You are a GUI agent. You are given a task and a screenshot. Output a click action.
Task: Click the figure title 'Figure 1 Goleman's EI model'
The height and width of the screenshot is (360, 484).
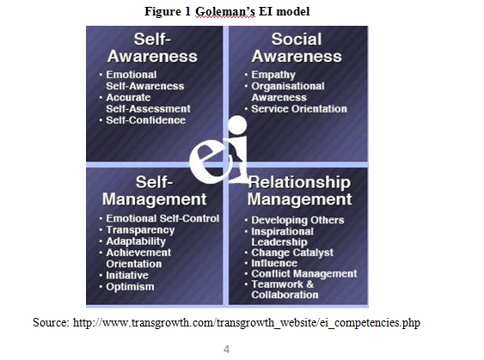tap(227, 12)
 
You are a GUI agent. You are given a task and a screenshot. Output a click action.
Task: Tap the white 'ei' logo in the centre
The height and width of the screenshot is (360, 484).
tap(218, 150)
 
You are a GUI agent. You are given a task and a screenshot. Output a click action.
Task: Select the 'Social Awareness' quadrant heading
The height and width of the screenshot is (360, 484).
tap(297, 48)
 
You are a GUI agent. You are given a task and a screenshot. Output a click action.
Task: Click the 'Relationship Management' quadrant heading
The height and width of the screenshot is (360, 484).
tap(299, 191)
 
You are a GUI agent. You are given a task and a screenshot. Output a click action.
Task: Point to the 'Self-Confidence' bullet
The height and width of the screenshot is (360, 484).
tap(145, 120)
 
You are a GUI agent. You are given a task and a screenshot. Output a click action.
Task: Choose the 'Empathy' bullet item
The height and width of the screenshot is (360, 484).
tap(273, 75)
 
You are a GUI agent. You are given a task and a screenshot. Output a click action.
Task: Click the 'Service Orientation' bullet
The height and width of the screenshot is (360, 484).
tap(299, 108)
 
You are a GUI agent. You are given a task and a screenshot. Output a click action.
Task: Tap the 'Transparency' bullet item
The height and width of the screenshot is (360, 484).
tap(140, 230)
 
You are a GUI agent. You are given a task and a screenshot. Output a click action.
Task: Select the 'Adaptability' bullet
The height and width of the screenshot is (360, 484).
tap(136, 241)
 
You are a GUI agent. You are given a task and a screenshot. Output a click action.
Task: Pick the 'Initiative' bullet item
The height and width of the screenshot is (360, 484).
tap(127, 275)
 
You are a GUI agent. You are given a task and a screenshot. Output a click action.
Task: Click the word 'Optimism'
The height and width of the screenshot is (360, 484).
tap(130, 287)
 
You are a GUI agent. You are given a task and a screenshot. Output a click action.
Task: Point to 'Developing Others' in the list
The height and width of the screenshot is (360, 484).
tap(297, 220)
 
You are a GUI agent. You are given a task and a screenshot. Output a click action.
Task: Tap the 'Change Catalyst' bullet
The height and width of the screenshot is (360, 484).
tap(292, 253)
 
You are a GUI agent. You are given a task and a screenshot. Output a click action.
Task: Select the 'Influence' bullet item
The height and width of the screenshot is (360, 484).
tap(274, 263)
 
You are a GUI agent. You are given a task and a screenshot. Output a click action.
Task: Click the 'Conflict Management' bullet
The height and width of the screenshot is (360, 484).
tap(304, 273)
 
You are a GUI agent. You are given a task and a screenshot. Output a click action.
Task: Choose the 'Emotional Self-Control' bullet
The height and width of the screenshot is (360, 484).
tap(162, 218)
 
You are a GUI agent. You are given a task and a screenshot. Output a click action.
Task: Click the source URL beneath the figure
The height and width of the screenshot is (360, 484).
tap(247, 323)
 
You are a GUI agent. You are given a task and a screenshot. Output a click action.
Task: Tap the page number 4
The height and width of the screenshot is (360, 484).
tap(226, 349)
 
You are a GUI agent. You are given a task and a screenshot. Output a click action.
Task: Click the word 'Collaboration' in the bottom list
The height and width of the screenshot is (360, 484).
tap(285, 295)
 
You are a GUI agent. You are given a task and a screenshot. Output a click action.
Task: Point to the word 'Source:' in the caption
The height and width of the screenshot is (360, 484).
tap(52, 322)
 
